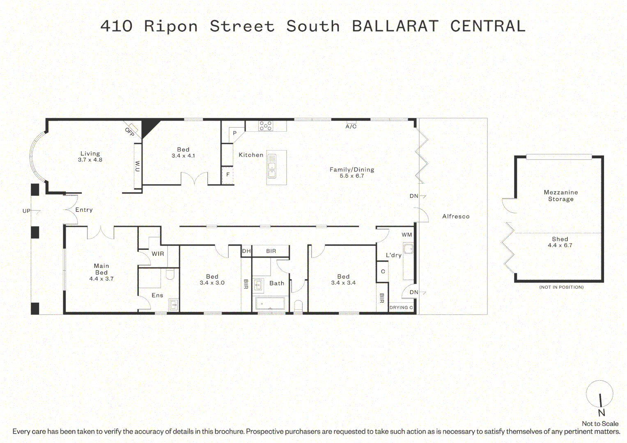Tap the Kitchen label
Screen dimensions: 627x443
pos(251,155)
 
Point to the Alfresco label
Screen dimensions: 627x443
pos(456,216)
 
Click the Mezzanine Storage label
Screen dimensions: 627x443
pos(560,196)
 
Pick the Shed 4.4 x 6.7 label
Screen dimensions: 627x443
pos(560,242)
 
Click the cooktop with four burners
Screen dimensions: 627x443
pos(265,126)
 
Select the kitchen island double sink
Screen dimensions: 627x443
pos(272,167)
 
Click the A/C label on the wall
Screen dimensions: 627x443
pos(351,126)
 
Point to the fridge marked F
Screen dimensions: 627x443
pos(227,175)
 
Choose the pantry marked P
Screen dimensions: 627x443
pos(234,133)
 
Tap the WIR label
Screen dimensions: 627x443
pos(158,253)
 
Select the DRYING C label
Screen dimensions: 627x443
pos(401,307)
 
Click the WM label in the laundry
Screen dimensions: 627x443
pos(407,235)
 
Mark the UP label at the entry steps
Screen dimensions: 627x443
pos(26,211)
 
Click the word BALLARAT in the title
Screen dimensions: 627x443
pos(395,26)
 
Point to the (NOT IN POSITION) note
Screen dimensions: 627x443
pos(561,287)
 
